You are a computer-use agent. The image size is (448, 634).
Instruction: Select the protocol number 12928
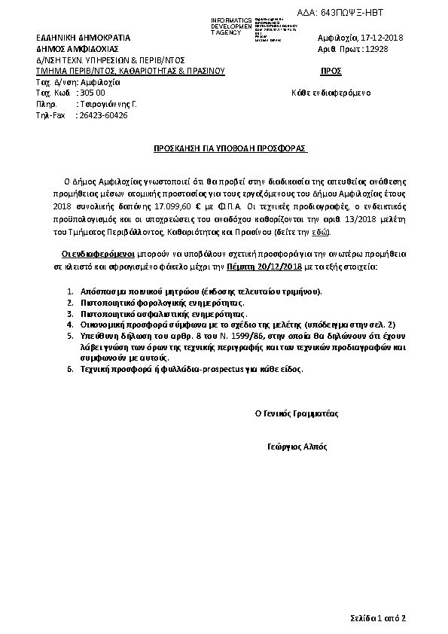376,49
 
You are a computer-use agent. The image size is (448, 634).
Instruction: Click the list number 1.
69,291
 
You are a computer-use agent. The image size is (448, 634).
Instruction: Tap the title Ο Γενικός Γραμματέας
297,413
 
